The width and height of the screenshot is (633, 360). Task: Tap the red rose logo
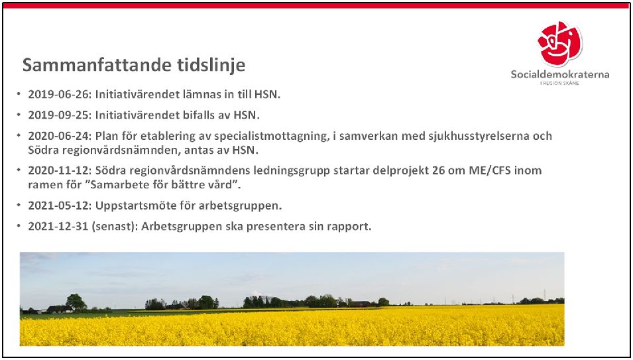click(560, 44)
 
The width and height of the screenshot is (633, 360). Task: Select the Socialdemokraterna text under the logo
click(560, 75)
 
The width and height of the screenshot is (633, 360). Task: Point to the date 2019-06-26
click(60, 94)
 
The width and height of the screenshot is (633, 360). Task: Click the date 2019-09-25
click(60, 115)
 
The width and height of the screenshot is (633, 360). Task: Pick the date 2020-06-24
click(60, 136)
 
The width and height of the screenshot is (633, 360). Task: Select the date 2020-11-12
click(60, 170)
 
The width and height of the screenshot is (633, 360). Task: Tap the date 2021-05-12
click(60, 206)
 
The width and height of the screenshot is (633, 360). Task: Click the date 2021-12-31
click(58, 227)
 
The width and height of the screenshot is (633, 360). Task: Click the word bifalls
click(199, 115)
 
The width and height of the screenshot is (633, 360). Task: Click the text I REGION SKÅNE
click(559, 83)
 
